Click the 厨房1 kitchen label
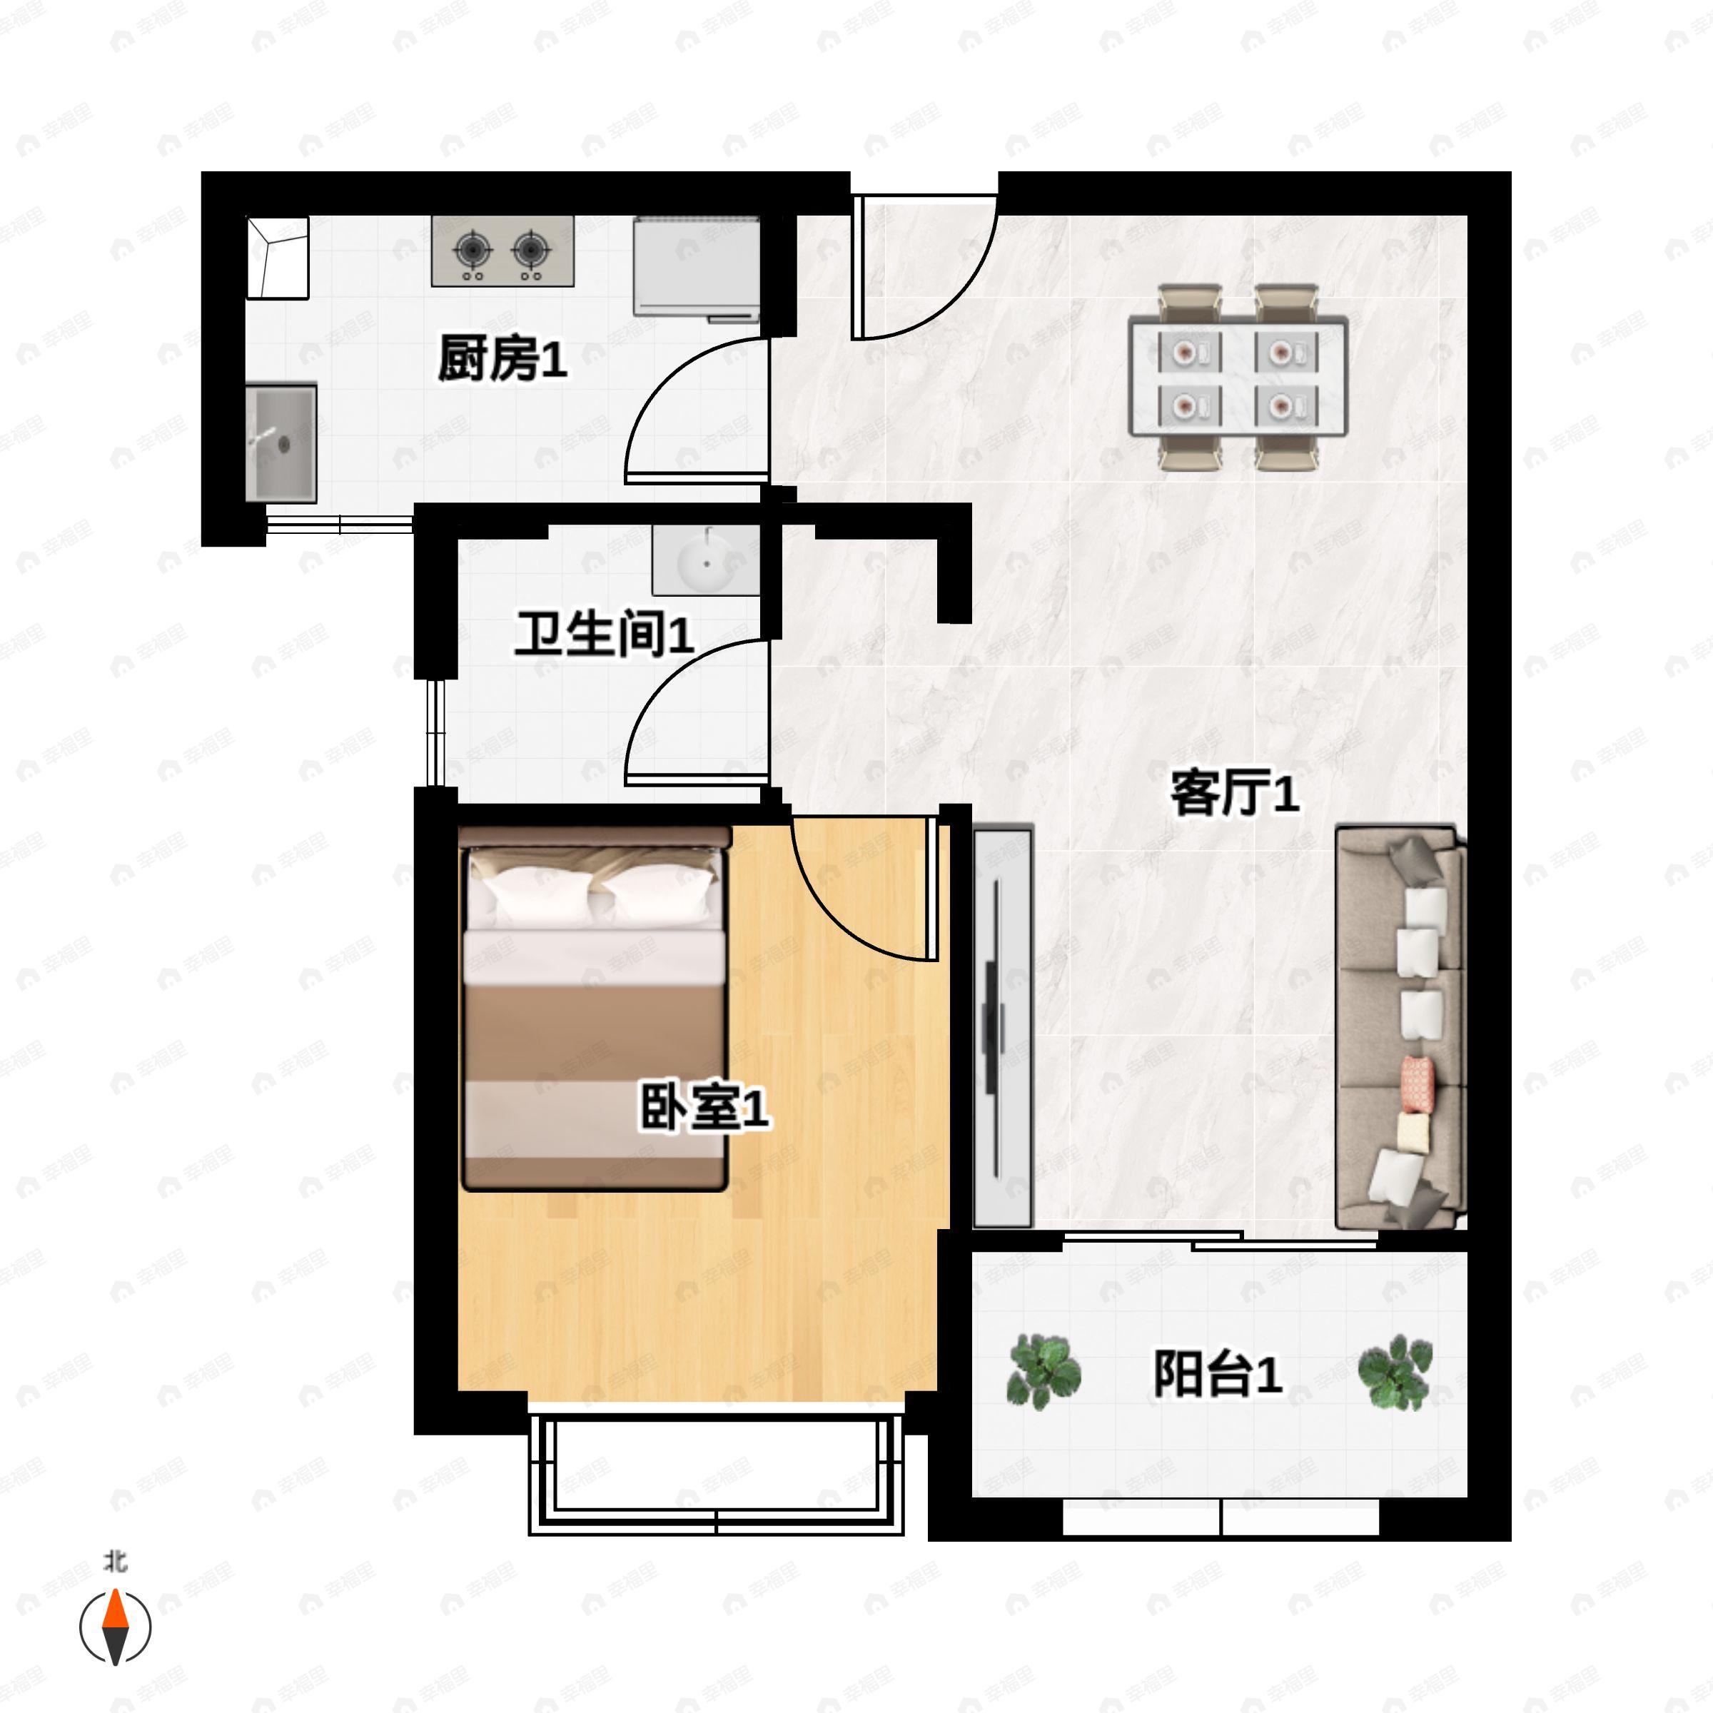tap(502, 358)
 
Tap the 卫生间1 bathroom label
tap(604, 634)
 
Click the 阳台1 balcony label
tap(1218, 1373)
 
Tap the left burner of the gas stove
tap(473, 250)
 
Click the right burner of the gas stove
tap(530, 250)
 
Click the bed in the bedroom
tap(594, 1011)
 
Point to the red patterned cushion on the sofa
tap(1417, 1083)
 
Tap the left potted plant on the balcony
tap(1044, 1373)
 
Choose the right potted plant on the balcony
tap(1395, 1373)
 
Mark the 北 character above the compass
tap(115, 1560)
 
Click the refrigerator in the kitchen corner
tap(697, 266)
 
